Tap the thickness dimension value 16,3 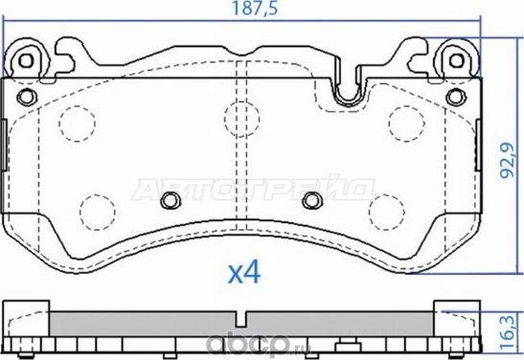[511, 327]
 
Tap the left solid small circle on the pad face [170, 200]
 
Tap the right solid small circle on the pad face [310, 200]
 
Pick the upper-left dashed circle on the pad [74, 119]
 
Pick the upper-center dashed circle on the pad [237, 116]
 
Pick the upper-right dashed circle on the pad [405, 119]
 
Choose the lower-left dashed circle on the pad [95, 208]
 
